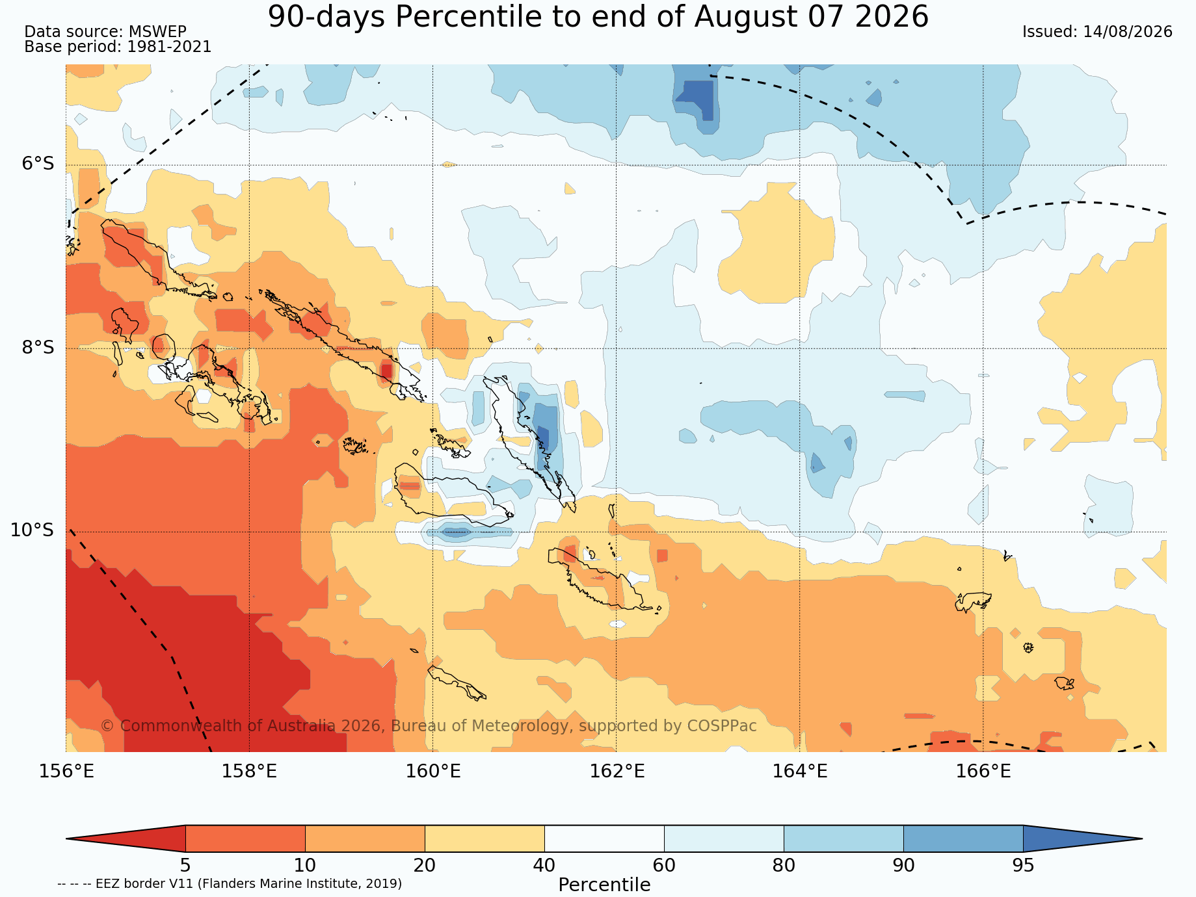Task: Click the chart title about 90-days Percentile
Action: click(x=598, y=17)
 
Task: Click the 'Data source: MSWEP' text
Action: click(x=105, y=32)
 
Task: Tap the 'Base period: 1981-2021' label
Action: click(x=118, y=47)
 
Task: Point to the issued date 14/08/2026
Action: click(x=1097, y=32)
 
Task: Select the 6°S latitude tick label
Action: click(x=38, y=164)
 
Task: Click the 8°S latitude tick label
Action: click(x=38, y=348)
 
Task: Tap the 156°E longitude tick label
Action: click(x=66, y=772)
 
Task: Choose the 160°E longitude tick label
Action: click(x=433, y=772)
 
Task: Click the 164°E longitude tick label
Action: click(x=800, y=772)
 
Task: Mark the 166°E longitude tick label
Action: click(x=983, y=772)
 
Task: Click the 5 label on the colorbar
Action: click(x=185, y=865)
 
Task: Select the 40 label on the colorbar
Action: click(x=544, y=865)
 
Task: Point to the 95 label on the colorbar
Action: click(x=1023, y=865)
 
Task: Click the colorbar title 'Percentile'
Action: click(x=604, y=885)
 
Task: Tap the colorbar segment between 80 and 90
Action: click(x=844, y=838)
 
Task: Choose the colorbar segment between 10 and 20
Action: click(x=365, y=838)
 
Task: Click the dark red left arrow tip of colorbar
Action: click(x=68, y=838)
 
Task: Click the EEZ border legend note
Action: click(x=230, y=883)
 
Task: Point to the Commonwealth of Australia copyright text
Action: click(x=429, y=725)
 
